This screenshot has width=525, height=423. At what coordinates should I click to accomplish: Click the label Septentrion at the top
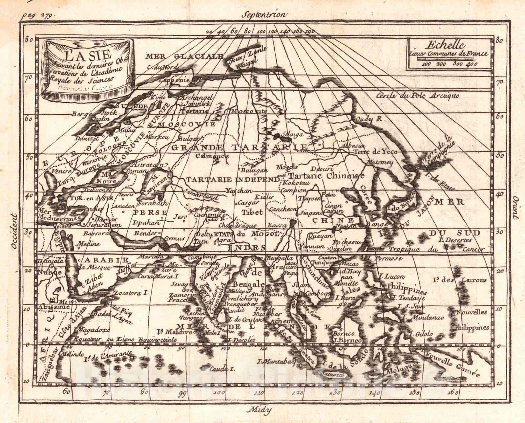click(x=264, y=14)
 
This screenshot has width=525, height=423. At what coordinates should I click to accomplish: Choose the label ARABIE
click(x=102, y=260)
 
